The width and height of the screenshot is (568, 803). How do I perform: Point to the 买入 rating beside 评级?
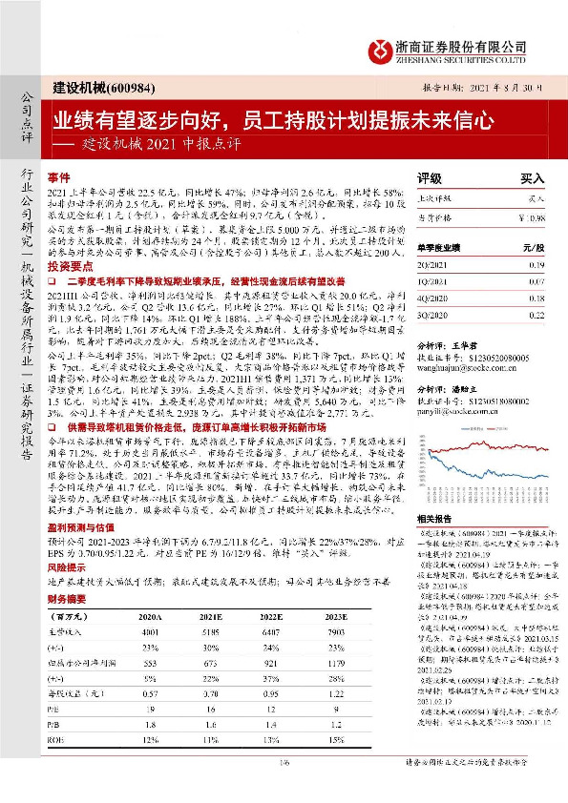[x=532, y=177]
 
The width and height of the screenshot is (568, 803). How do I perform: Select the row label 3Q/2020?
[x=435, y=314]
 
